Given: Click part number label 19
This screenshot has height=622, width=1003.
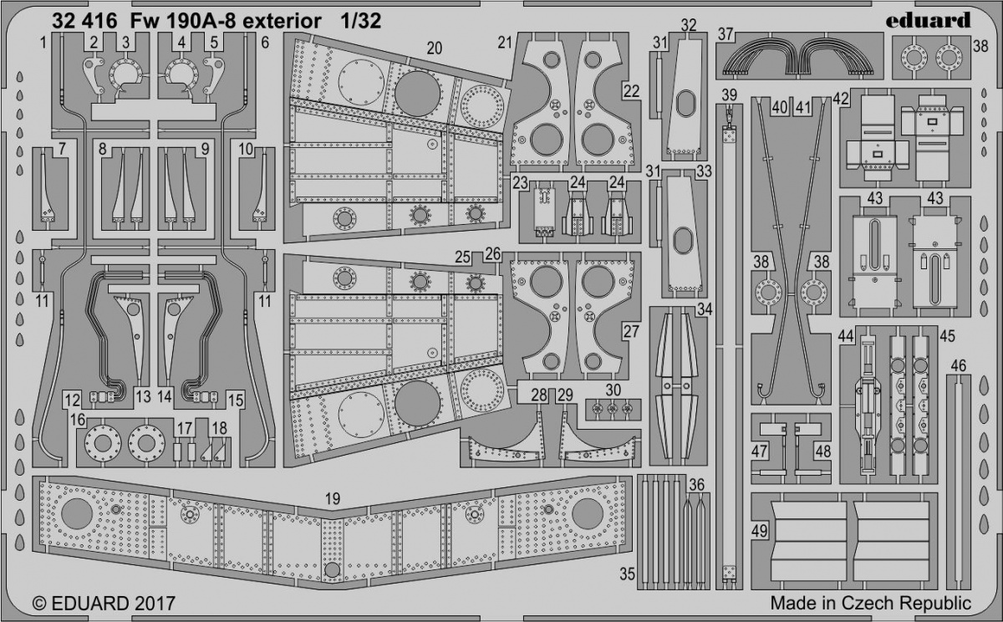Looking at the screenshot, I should [x=333, y=499].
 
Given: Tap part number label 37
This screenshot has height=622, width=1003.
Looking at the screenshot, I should [x=726, y=34].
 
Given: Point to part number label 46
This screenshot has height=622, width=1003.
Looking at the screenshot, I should [x=959, y=365].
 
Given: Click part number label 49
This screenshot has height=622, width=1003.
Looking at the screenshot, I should [x=759, y=530].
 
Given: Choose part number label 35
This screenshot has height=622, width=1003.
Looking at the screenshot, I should [x=627, y=573].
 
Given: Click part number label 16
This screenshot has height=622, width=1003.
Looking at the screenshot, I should [x=78, y=417].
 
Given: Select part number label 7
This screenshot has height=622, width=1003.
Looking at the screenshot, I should [x=62, y=150].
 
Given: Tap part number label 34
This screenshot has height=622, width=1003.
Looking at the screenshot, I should [x=705, y=310].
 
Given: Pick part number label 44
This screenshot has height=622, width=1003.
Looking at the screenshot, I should [x=846, y=335].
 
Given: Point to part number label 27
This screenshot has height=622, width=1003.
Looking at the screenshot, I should [x=629, y=330].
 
